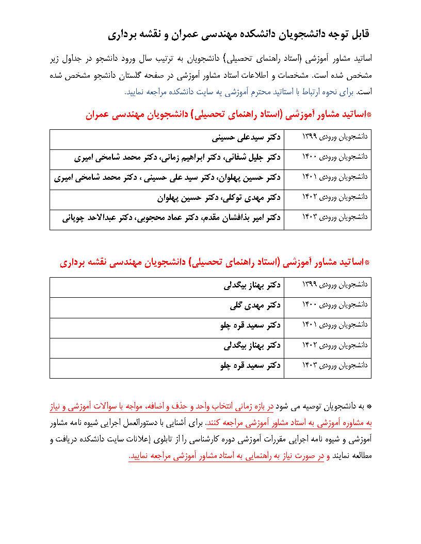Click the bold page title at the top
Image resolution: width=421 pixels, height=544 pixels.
tap(239, 34)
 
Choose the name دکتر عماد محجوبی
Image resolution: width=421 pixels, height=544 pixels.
tap(173, 218)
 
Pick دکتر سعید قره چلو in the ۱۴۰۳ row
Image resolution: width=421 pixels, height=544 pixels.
tap(250, 365)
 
